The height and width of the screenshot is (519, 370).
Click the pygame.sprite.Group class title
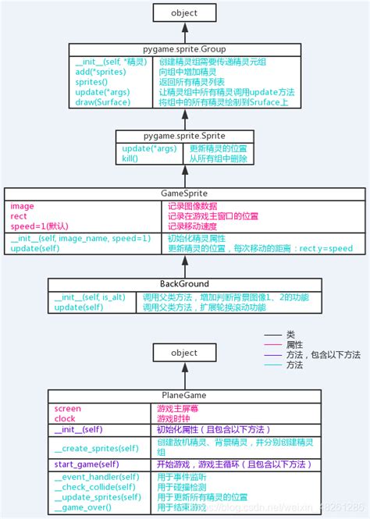point(185,49)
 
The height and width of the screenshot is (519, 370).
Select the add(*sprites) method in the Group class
point(99,71)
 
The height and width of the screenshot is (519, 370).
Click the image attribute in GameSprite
point(22,206)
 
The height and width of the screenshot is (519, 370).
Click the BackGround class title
point(185,284)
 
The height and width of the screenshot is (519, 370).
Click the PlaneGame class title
point(185,395)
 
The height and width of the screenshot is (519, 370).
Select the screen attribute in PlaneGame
point(68,408)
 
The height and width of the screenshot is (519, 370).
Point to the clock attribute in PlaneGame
point(65,418)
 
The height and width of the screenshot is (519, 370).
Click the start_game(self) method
point(87,465)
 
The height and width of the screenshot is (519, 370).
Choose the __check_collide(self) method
point(96,487)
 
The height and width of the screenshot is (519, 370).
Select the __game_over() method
point(83,507)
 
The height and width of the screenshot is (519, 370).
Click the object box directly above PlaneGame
point(185,353)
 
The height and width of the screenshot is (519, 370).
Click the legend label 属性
point(294,344)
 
